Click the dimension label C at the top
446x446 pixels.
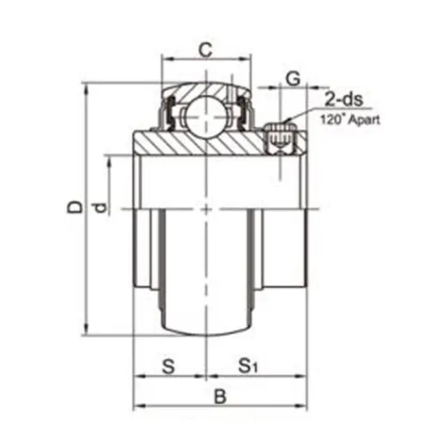205,49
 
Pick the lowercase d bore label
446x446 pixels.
101,207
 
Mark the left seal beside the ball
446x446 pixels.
167,114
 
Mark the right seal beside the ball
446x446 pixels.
243,114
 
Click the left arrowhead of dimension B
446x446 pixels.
137,405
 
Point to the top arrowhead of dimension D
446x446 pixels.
87,87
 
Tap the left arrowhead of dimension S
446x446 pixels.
137,376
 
